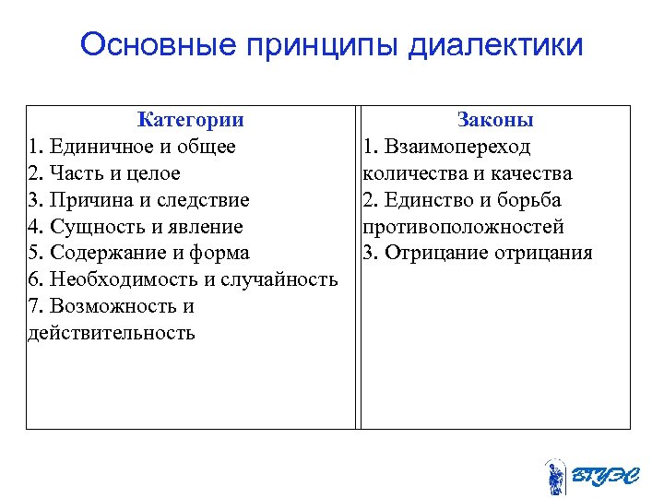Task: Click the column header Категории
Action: (x=190, y=120)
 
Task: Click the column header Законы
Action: (x=495, y=120)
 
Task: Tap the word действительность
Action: (x=112, y=333)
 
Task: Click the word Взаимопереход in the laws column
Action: (x=458, y=147)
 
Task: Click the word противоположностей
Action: (x=463, y=227)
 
